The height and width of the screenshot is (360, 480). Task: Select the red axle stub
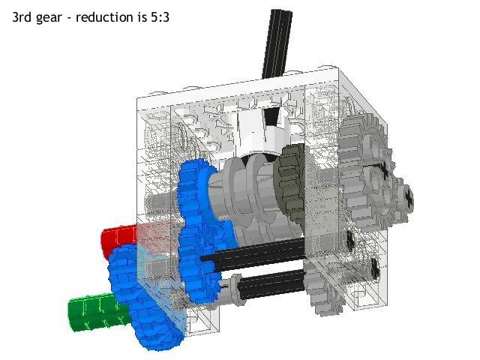click(116, 238)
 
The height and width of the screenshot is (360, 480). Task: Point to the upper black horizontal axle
click(255, 255)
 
